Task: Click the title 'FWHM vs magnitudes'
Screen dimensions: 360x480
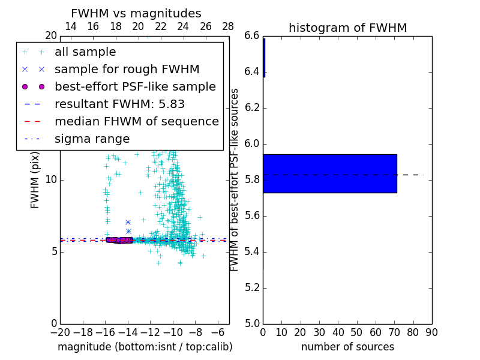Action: point(136,13)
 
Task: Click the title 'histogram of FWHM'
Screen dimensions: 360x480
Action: point(347,28)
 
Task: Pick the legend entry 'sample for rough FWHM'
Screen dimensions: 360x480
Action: point(127,69)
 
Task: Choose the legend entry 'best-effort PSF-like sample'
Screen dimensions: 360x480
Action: point(135,86)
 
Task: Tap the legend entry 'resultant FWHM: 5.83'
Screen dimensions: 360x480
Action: point(119,104)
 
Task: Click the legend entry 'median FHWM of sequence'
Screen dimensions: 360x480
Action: point(136,121)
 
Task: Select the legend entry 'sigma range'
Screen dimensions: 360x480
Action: point(92,139)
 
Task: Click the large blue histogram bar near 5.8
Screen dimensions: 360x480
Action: point(329,173)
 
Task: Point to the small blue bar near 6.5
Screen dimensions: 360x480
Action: point(264,57)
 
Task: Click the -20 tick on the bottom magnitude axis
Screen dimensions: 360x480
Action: point(60,332)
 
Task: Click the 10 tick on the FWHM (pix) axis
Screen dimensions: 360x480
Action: point(51,180)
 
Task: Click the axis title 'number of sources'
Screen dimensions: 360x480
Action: point(347,347)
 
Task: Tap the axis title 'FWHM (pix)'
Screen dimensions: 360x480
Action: point(35,180)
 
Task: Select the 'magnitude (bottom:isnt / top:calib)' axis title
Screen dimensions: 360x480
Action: point(145,347)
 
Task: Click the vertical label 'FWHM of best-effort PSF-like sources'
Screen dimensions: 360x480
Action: point(235,179)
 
